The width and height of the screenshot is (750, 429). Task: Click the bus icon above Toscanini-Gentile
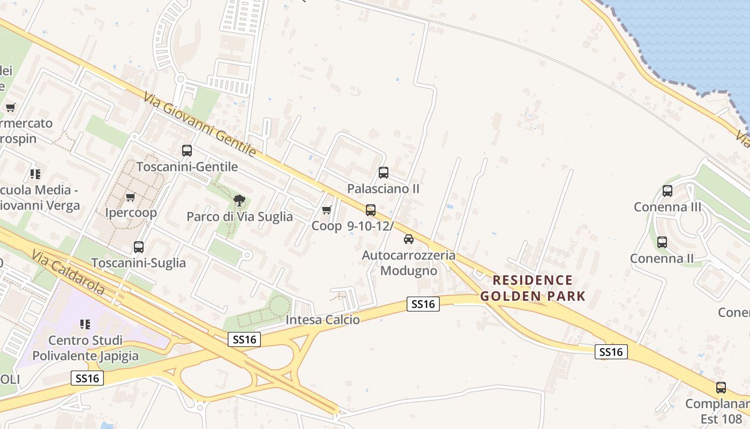pos(186,151)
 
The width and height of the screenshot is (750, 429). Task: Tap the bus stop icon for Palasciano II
pos(384,173)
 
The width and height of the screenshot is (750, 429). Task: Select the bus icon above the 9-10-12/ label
pos(371,210)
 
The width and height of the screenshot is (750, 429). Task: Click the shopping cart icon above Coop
pos(326,210)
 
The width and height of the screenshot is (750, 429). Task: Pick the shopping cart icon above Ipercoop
pos(130,197)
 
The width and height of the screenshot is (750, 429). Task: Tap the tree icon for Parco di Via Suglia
pos(239,201)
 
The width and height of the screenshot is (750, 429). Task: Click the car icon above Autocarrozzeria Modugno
pos(409,239)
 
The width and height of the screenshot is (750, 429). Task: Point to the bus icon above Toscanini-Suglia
pos(139,247)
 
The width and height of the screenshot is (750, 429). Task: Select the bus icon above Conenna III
pos(667,191)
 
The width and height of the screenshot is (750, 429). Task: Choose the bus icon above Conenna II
pos(662,242)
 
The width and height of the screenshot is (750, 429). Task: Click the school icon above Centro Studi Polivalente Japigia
pos(85,324)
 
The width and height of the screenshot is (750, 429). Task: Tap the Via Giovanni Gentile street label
pos(199,124)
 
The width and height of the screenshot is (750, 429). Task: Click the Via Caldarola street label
pos(68,272)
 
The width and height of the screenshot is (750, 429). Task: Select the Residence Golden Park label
pos(532,288)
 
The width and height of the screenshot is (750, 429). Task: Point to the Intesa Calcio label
pos(322,320)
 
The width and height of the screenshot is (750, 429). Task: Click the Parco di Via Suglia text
pos(239,217)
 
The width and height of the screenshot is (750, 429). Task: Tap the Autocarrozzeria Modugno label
pos(409,263)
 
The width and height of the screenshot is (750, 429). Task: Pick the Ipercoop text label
pos(131,213)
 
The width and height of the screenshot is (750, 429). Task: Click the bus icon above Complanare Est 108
pos(721,388)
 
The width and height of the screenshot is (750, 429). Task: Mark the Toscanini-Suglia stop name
pos(139,263)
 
